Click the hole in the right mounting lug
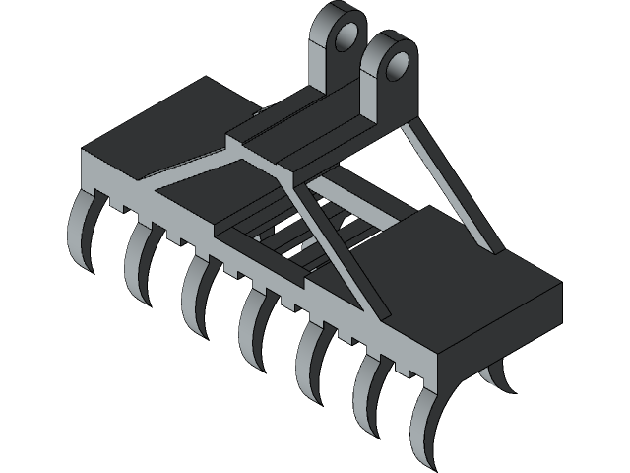pyautogui.click(x=398, y=66)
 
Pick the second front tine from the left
pyautogui.click(x=135, y=260)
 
